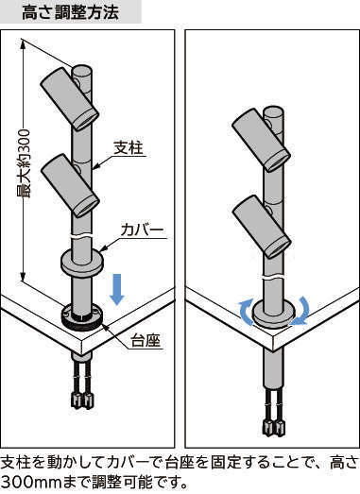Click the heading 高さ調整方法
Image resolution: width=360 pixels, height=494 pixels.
[70, 12]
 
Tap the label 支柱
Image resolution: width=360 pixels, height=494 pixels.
[129, 147]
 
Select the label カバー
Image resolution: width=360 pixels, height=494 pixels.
[143, 230]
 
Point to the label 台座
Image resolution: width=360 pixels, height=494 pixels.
[146, 340]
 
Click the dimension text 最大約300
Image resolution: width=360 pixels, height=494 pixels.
[24, 163]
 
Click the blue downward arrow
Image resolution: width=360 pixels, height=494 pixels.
[117, 289]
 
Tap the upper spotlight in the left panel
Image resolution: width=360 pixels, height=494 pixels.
[70, 98]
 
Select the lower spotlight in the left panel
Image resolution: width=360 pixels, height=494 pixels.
[70, 185]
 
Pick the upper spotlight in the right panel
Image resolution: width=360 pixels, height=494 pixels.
[262, 140]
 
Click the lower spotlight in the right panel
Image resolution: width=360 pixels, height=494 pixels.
[262, 226]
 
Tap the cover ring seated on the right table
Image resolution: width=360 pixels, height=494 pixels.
[273, 314]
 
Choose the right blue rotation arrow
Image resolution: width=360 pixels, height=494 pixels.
[301, 312]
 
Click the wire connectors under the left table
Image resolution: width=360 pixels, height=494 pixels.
[82, 400]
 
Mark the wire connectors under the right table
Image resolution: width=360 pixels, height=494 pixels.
[274, 427]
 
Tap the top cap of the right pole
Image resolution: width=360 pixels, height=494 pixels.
[274, 112]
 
